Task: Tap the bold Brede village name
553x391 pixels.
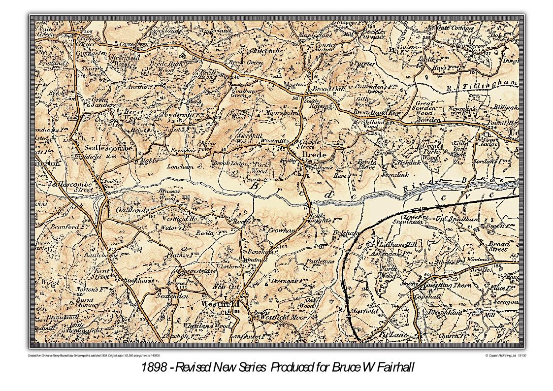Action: [314, 155]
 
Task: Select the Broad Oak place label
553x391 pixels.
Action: [329, 89]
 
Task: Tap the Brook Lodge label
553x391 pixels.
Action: [230, 163]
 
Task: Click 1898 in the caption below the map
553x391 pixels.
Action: [151, 367]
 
